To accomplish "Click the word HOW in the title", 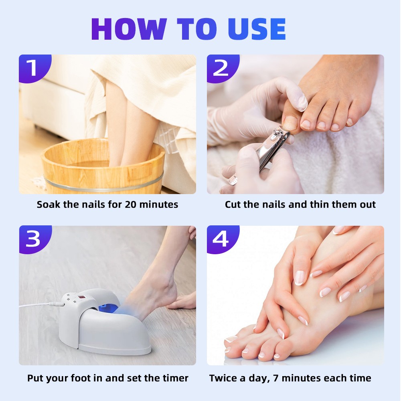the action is (x=129, y=29).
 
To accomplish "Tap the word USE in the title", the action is (x=257, y=29).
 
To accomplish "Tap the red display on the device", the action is (x=82, y=298).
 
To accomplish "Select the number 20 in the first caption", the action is (x=130, y=205).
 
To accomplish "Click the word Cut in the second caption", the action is (x=233, y=205).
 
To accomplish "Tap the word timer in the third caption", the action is (x=175, y=378).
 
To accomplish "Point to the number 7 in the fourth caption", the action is (x=275, y=378).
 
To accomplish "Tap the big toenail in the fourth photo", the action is (x=231, y=339).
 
